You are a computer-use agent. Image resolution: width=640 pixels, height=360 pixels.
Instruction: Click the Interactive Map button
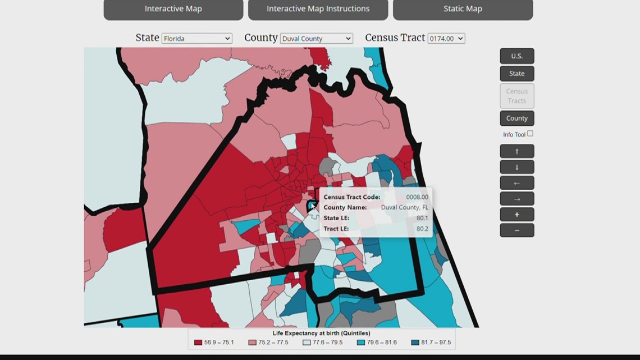pos(173,9)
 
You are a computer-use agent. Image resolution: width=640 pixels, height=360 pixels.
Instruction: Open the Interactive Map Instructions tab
pos(318,9)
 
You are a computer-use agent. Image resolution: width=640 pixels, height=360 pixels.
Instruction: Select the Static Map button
pos(463,9)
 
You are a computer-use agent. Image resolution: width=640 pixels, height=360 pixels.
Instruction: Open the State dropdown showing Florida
pos(196,38)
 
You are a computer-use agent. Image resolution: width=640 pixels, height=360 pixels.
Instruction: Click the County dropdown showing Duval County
pos(316,38)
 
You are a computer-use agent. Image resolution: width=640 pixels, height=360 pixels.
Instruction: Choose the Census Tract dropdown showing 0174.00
pos(446,38)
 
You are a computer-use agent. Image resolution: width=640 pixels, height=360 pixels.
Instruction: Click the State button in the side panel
pos(516,74)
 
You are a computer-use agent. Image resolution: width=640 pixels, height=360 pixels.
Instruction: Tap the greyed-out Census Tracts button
pos(516,96)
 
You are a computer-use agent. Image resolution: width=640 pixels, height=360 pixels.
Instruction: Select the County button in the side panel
pos(516,119)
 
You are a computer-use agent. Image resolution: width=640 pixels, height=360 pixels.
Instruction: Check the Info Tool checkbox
pos(530,134)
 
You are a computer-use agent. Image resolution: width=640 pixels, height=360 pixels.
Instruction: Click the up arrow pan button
pos(516,152)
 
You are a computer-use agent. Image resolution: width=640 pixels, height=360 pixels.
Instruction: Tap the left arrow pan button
pos(516,183)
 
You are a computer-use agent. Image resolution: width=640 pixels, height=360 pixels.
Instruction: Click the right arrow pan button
pos(516,199)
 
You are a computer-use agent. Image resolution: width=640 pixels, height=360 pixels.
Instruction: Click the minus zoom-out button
pos(516,230)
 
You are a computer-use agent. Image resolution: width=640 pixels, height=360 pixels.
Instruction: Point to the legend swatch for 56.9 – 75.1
pos(198,342)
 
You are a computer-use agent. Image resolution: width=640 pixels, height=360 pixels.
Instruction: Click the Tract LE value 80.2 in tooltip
pos(422,229)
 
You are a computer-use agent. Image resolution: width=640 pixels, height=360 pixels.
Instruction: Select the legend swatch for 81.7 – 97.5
pos(415,342)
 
